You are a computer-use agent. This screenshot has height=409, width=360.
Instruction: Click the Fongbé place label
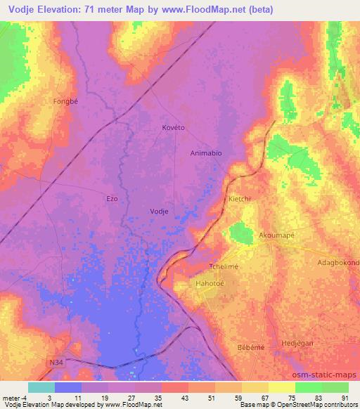tap(64, 101)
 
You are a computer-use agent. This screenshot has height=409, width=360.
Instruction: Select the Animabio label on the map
tap(206, 152)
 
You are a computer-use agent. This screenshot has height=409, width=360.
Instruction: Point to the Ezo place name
tap(112, 199)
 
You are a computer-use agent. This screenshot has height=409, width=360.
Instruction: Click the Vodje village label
tap(160, 211)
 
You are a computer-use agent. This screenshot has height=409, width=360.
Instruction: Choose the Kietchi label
tap(240, 200)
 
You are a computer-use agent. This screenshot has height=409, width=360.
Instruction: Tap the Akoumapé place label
tap(276, 235)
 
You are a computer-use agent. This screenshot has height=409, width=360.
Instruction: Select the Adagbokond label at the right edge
tap(337, 263)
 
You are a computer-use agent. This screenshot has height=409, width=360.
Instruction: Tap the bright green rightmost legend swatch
tap(335, 387)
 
